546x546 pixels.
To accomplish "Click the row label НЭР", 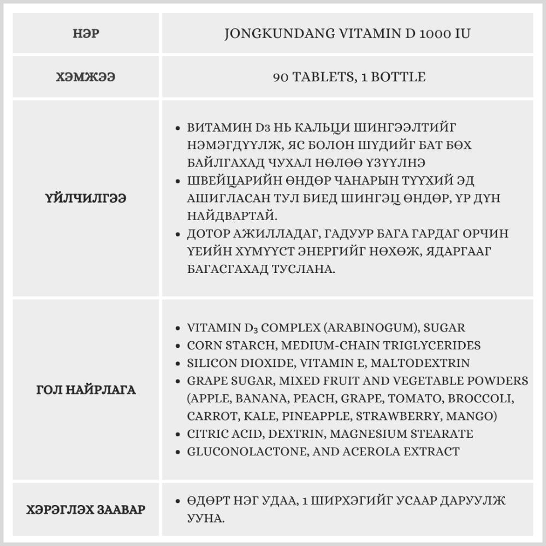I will point(86,34).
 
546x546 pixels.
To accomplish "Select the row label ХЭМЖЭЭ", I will point(86,77).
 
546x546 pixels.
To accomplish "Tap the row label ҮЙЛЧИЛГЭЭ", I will point(86,199).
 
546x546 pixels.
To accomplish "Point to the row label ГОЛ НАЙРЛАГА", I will point(86,390).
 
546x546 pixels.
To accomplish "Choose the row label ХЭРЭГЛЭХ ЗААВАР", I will point(86,510).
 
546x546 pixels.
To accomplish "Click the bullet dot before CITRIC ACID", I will point(178,435).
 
